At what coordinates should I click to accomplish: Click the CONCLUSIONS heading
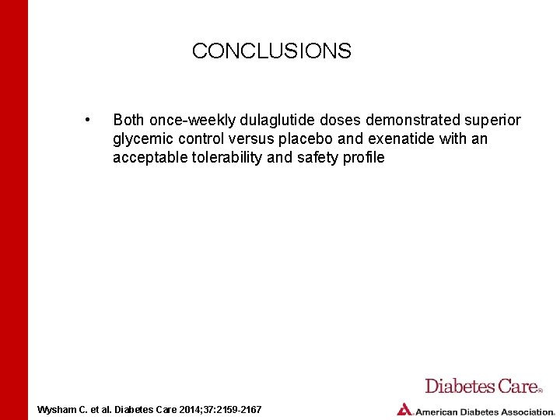pos(271,51)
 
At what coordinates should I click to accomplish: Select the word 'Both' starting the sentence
pos(128,120)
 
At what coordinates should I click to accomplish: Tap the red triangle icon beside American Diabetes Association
pos(404,409)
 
